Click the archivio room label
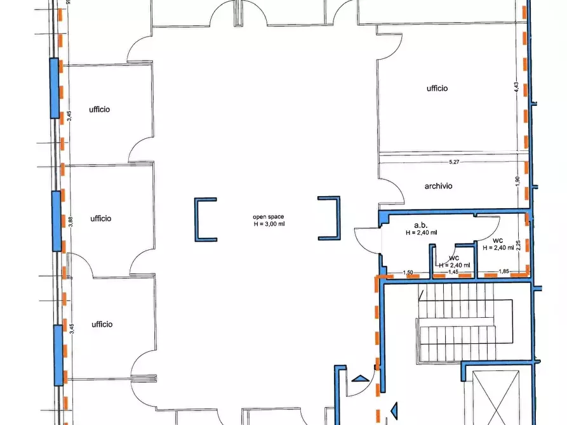pyautogui.click(x=438, y=186)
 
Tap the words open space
pyautogui.click(x=269, y=217)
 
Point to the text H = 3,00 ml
pyautogui.click(x=269, y=224)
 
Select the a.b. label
pyautogui.click(x=421, y=225)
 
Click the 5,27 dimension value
pyautogui.click(x=454, y=162)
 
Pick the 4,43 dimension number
pyautogui.click(x=516, y=87)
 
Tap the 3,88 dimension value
pyautogui.click(x=70, y=221)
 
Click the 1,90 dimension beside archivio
pyautogui.click(x=517, y=180)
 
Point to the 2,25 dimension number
pyautogui.click(x=518, y=245)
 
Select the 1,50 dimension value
pyautogui.click(x=408, y=273)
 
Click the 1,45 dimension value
pyautogui.click(x=453, y=272)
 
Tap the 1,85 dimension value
pyautogui.click(x=504, y=271)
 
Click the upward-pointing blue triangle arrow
pyautogui.click(x=361, y=379)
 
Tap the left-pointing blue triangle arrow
pyautogui.click(x=394, y=410)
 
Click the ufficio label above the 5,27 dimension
pyautogui.click(x=437, y=89)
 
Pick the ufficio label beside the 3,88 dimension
pyautogui.click(x=101, y=219)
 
